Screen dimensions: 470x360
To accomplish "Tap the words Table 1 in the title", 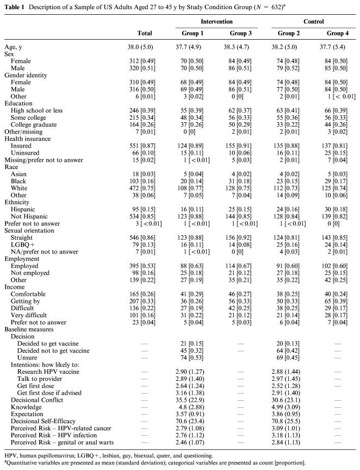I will pyautogui.click(x=16, y=6).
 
